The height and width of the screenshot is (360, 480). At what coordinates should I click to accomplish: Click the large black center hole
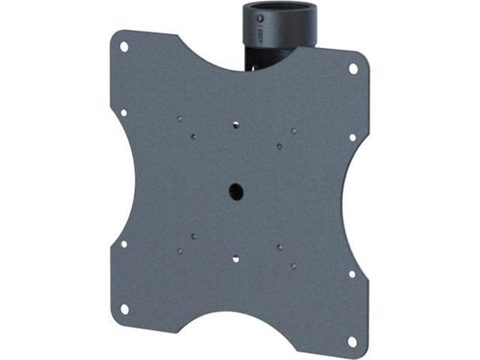[235, 190]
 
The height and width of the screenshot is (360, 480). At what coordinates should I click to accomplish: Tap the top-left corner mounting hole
[124, 46]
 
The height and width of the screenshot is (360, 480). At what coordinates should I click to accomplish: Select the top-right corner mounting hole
[353, 68]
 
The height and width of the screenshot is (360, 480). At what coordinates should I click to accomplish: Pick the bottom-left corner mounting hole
[125, 307]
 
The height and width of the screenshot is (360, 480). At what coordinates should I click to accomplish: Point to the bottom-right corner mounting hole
[352, 340]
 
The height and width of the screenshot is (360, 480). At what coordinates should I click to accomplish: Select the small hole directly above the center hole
[235, 125]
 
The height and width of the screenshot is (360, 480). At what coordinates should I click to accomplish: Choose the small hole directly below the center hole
[235, 259]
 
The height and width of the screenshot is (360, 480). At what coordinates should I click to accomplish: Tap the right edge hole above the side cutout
[352, 137]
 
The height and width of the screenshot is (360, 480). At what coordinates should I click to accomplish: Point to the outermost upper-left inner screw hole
[178, 118]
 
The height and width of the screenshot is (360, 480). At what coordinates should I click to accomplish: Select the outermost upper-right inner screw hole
[294, 131]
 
